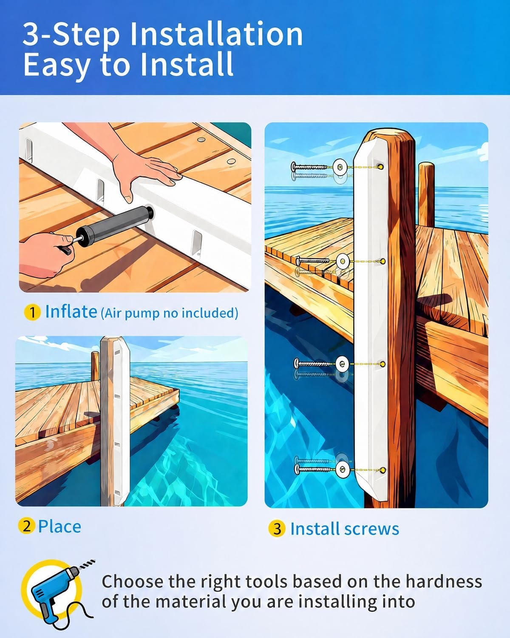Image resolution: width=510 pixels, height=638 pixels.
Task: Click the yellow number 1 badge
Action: [x=32, y=313]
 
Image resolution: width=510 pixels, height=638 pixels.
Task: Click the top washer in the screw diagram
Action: [x=340, y=167]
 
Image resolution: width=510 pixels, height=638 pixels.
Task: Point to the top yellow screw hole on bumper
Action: [x=381, y=167]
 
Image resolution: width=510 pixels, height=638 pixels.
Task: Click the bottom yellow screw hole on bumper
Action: [x=383, y=470]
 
